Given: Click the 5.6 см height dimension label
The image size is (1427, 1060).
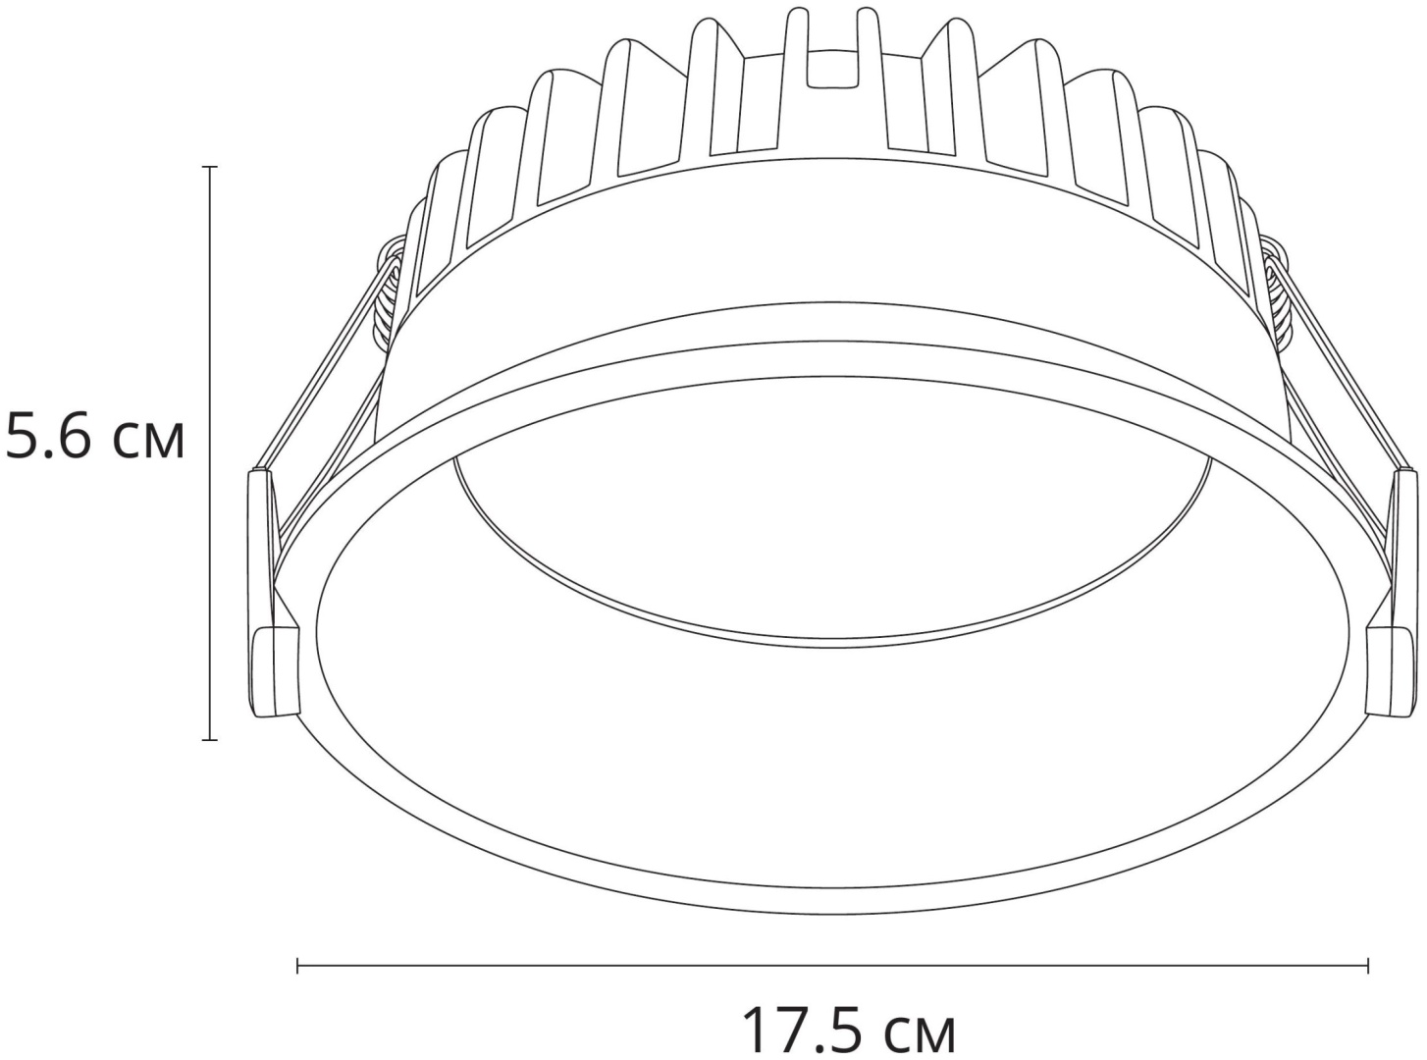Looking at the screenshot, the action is point(95,439).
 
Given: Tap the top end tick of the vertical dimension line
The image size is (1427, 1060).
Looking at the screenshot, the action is point(209,167).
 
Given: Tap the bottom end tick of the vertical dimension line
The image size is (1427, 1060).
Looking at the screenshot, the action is point(209,740).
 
